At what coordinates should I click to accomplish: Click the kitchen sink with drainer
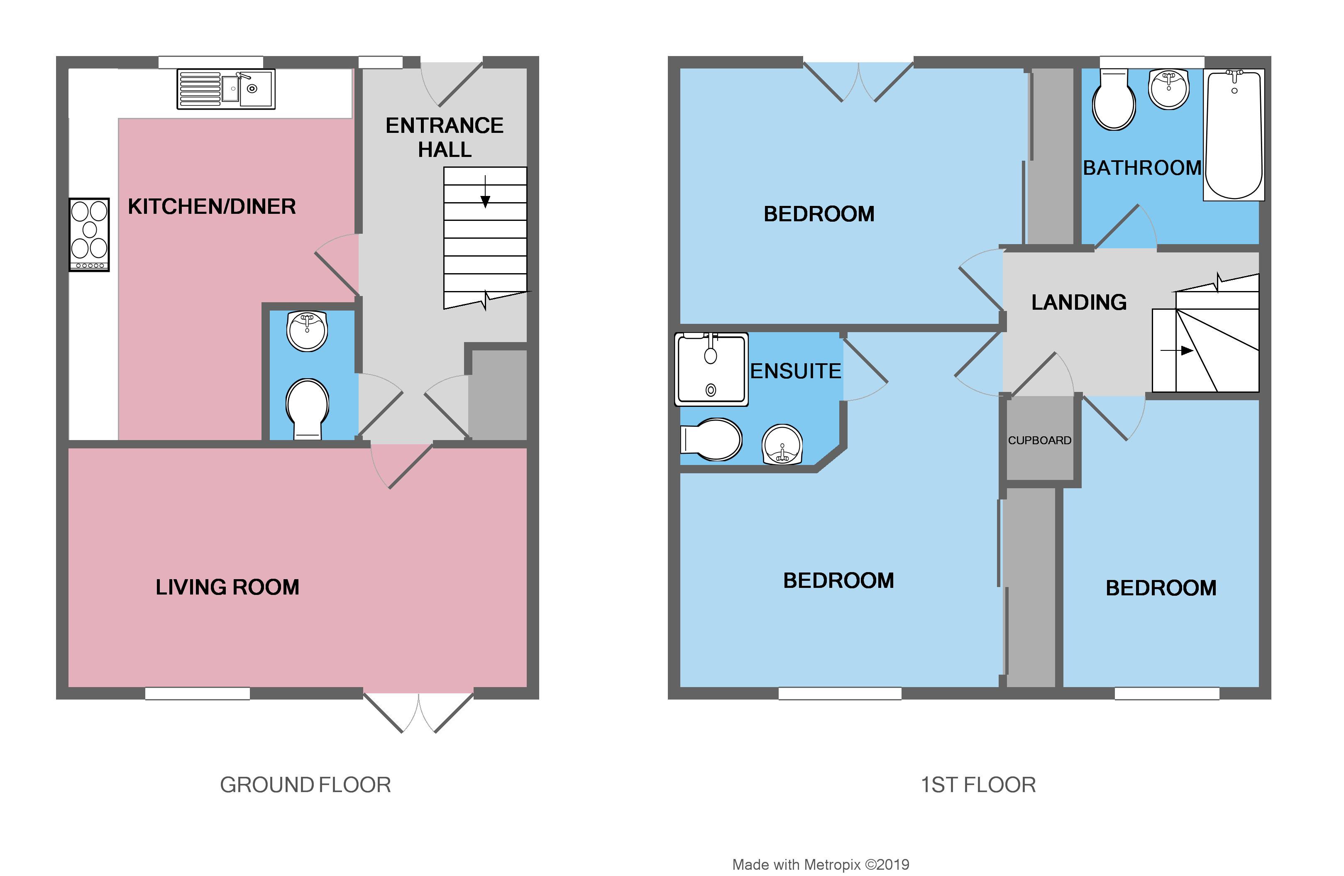click(226, 89)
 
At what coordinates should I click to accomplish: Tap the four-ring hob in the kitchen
click(89, 234)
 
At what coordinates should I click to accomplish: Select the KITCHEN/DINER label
click(212, 207)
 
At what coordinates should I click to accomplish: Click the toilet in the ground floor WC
click(307, 406)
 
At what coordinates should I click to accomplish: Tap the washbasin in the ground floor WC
click(307, 331)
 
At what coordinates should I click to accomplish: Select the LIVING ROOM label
click(227, 587)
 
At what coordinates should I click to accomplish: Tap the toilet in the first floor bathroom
click(1114, 102)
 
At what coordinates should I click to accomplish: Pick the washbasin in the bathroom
click(1169, 89)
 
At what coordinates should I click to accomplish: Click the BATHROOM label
click(1141, 168)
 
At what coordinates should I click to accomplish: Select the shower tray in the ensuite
click(711, 369)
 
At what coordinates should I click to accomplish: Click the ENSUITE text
click(795, 371)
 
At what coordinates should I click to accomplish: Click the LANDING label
click(1079, 303)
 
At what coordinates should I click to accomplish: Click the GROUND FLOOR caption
click(305, 785)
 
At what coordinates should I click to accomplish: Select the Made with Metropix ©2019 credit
click(821, 865)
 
